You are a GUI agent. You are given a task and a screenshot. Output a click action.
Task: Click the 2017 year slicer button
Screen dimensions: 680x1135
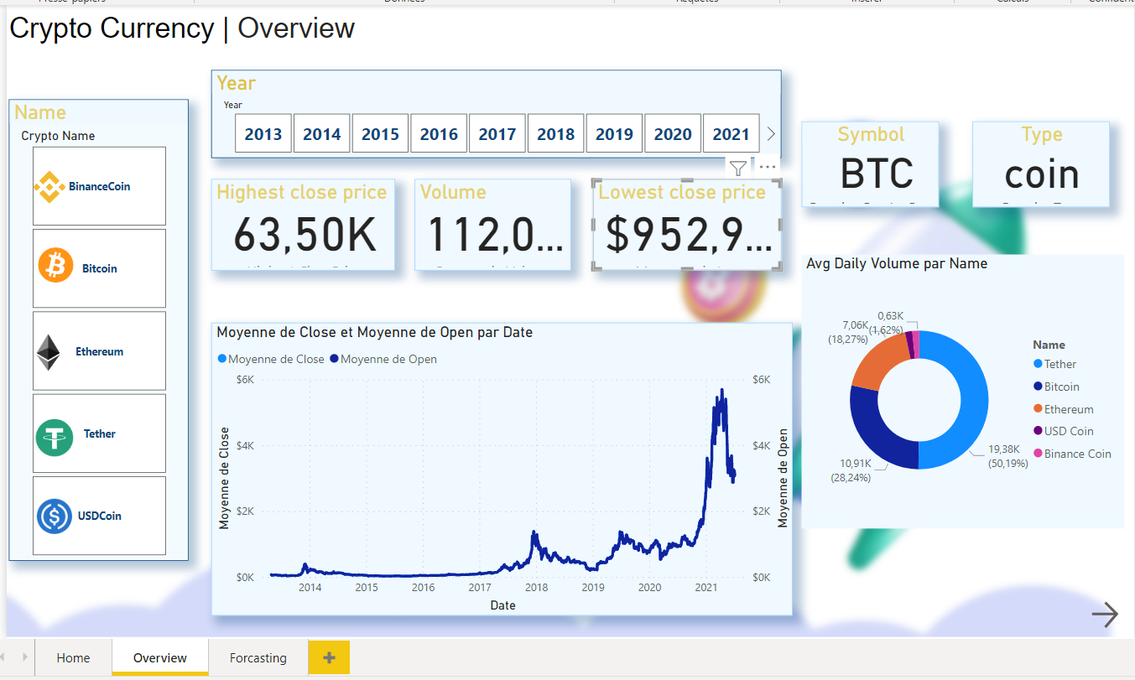click(497, 134)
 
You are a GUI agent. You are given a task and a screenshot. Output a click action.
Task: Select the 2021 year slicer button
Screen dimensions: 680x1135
click(731, 134)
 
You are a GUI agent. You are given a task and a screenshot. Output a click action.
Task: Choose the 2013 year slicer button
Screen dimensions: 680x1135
click(263, 134)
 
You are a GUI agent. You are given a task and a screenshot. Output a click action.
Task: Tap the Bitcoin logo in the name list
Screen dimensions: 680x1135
click(56, 267)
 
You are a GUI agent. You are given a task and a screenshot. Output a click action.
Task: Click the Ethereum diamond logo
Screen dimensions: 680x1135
click(49, 352)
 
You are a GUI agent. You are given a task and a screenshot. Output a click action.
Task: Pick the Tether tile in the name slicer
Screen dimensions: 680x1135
click(99, 434)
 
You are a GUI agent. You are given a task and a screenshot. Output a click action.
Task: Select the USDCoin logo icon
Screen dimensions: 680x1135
click(55, 516)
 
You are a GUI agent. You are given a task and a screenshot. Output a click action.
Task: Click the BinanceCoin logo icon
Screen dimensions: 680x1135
click(49, 186)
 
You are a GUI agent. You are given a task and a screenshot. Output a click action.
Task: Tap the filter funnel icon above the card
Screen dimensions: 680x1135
click(737, 168)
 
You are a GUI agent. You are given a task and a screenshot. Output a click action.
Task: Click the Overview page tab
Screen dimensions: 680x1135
click(159, 658)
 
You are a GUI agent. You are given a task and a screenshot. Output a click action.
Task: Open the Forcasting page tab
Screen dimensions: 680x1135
click(258, 658)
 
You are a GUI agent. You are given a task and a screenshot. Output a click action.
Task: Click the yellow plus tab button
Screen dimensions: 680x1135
click(329, 658)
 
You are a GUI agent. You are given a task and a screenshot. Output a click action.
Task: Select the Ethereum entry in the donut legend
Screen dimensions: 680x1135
click(1068, 409)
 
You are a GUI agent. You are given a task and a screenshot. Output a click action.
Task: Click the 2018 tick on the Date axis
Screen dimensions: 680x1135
click(536, 588)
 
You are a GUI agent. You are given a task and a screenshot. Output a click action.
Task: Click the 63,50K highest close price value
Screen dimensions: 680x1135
click(305, 235)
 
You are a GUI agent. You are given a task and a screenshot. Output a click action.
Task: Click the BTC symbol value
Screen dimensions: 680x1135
click(877, 174)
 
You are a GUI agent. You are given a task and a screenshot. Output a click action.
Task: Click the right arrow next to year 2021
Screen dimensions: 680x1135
click(771, 134)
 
